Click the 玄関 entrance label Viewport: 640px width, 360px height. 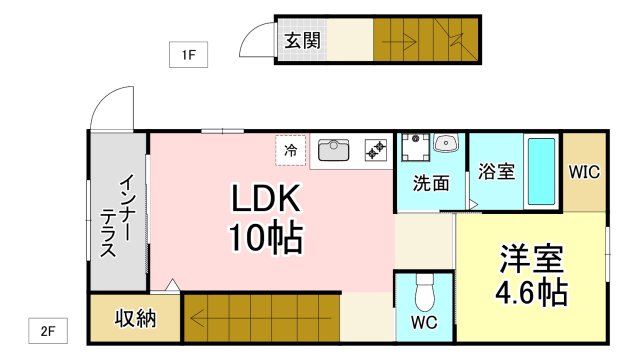pos(302,41)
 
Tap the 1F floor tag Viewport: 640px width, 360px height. pos(187,55)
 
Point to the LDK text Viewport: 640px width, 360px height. pos(267,199)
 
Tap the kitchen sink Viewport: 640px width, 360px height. pos(333,151)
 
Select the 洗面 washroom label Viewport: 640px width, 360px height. pos(431,183)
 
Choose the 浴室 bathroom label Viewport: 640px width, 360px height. pos(496,171)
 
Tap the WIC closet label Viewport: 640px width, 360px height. pos(584,171)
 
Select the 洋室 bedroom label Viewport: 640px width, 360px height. pos(531,259)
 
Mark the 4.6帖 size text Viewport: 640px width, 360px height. pos(531,293)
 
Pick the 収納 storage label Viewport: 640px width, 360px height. pos(134,319)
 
